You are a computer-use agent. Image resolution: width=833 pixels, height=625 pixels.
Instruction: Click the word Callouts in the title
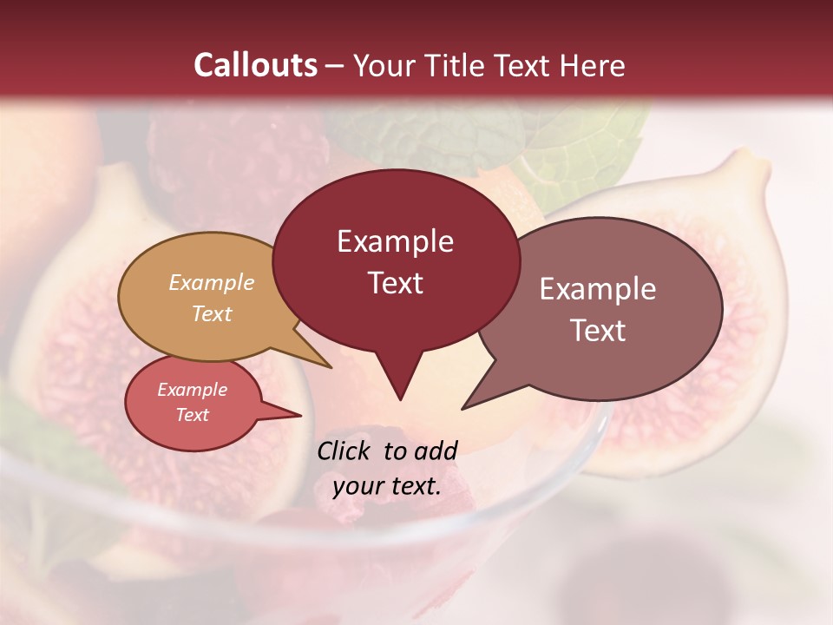[255, 65]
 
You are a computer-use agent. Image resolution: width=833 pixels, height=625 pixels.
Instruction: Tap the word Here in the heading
[594, 65]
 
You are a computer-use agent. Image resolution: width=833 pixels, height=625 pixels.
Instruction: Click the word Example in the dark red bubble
[395, 241]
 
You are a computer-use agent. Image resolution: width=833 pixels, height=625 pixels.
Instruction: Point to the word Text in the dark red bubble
[395, 282]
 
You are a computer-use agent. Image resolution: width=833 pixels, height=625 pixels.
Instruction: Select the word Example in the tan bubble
[212, 282]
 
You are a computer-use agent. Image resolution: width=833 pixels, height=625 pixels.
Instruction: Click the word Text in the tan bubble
[212, 313]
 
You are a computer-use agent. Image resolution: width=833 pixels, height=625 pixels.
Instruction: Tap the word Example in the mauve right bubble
[598, 289]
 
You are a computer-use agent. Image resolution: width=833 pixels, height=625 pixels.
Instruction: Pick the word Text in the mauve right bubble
[598, 330]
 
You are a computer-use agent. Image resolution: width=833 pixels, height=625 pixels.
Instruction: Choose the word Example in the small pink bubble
[192, 390]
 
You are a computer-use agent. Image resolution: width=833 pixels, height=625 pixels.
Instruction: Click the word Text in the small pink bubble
[192, 415]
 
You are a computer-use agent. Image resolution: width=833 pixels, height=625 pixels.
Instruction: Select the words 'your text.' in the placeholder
[387, 486]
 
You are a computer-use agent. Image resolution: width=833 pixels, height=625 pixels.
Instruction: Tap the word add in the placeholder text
[436, 451]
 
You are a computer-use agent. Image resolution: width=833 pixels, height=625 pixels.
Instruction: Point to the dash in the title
[335, 65]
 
